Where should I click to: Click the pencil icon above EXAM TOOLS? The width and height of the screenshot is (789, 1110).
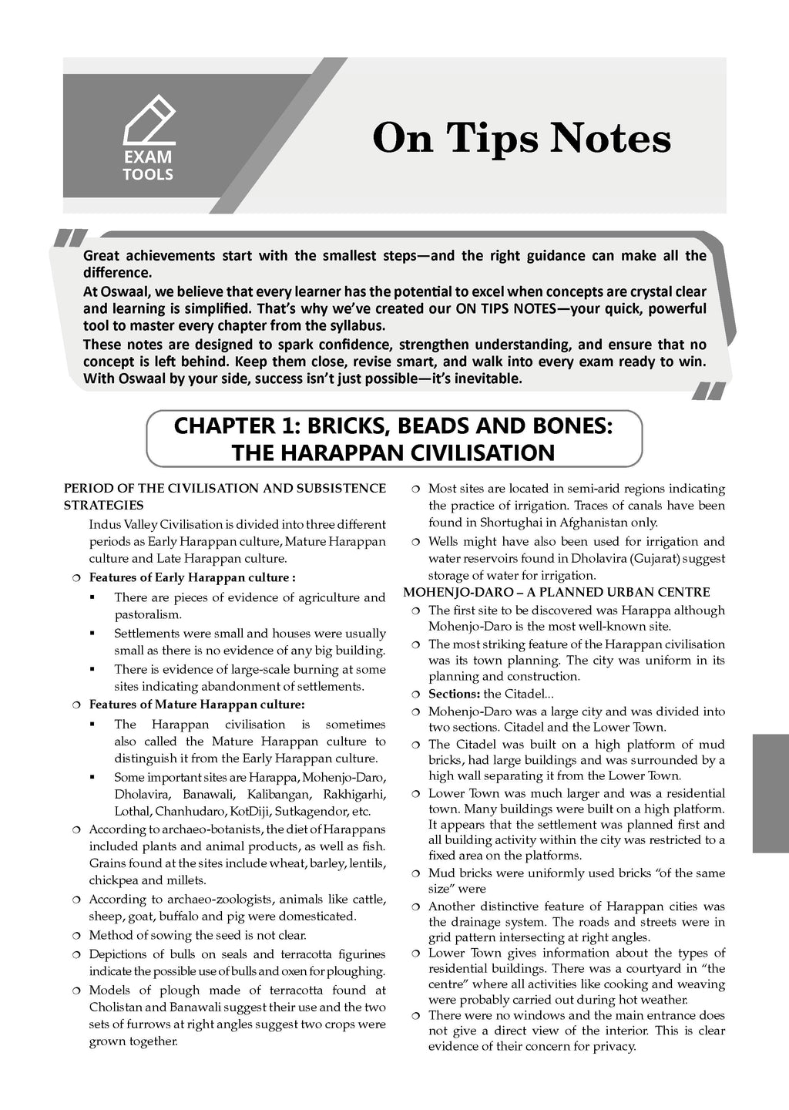coord(149,119)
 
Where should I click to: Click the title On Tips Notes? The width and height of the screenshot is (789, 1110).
coord(522,140)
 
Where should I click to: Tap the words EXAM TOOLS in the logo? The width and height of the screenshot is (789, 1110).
coord(148,166)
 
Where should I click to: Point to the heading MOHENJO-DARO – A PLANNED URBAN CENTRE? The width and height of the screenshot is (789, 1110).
coord(556,592)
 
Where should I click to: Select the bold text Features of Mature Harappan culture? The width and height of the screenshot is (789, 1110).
coord(196,704)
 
